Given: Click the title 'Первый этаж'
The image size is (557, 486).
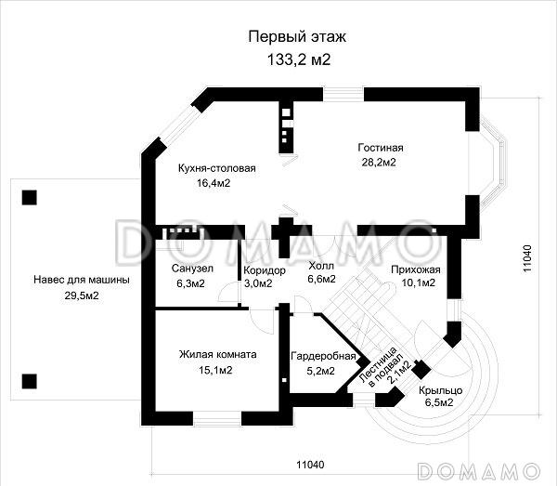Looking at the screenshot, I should (285, 37).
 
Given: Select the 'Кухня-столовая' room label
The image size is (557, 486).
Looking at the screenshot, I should (216, 168).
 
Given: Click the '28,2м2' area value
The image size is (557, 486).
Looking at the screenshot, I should (381, 163).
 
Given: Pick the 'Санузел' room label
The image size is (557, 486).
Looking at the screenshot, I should (194, 269).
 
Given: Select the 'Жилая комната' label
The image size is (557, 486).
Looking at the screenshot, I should (218, 354).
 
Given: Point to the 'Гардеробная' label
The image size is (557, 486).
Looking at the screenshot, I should (323, 356).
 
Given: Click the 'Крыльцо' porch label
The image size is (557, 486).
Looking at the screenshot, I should (434, 389).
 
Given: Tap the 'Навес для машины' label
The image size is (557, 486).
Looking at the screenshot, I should (82, 280).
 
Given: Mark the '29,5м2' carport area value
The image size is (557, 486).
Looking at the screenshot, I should (82, 295).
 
